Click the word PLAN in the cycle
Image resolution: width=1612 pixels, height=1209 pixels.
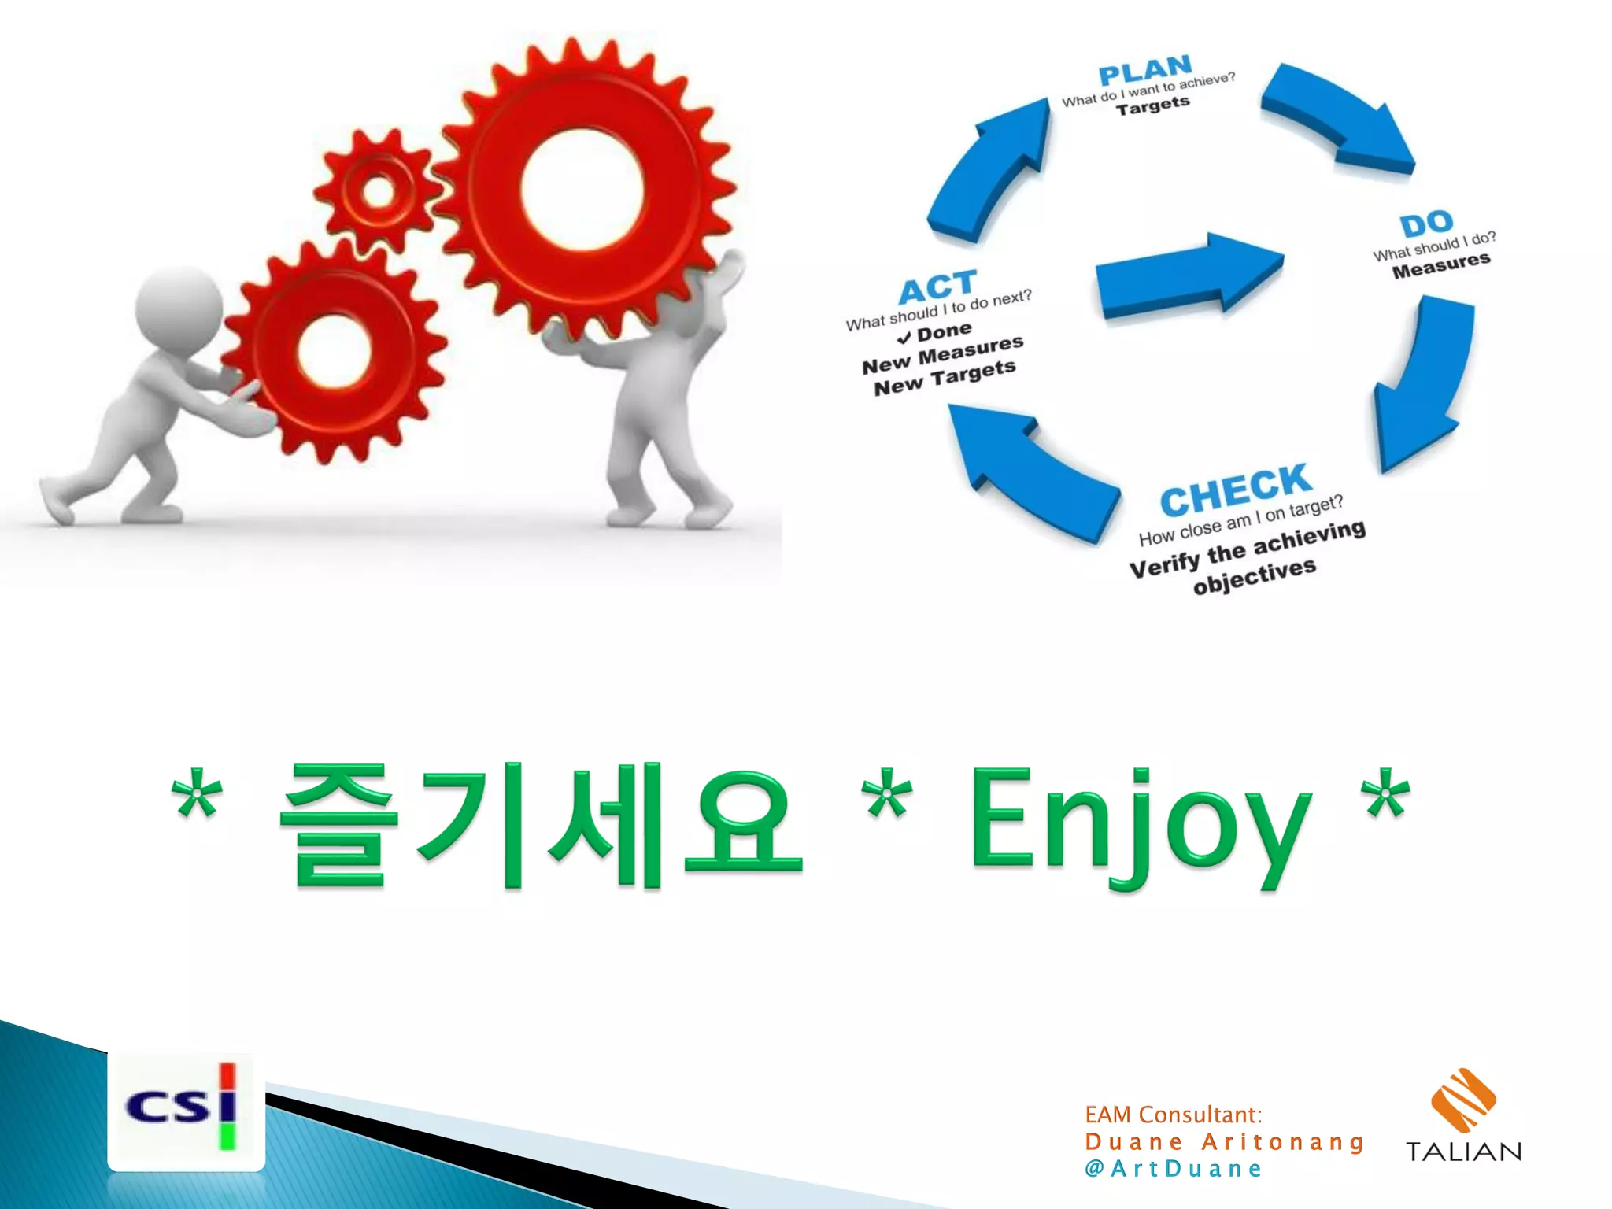(x=1145, y=71)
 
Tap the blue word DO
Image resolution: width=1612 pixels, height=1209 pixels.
(x=1426, y=224)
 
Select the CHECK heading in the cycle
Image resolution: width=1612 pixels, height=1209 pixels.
(x=1235, y=490)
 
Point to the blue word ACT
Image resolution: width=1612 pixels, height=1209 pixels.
(x=937, y=287)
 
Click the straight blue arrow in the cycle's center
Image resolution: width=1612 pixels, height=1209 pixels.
(x=1189, y=275)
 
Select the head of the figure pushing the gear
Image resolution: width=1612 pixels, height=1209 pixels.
(x=179, y=307)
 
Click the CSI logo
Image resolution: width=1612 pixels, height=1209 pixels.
(x=186, y=1111)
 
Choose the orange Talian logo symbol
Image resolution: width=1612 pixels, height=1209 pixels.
(x=1462, y=1100)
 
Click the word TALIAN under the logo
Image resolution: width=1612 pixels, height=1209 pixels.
(x=1463, y=1152)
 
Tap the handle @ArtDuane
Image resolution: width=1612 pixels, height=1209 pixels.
(x=1173, y=1169)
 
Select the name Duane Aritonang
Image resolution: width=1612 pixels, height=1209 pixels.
(x=1224, y=1141)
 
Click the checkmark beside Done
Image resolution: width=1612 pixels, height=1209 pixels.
(x=904, y=337)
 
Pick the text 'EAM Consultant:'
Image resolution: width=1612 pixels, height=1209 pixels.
(x=1173, y=1115)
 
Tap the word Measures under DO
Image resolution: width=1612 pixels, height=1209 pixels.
(x=1440, y=266)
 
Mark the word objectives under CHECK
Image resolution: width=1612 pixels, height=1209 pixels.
(x=1254, y=576)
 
